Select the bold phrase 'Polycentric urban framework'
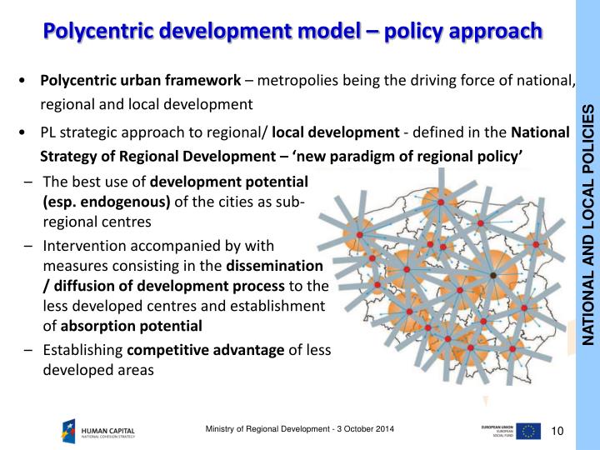[x=140, y=81]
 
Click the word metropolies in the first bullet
[x=296, y=81]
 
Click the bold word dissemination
[x=275, y=267]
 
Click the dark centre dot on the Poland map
[x=492, y=275]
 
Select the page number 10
[x=558, y=430]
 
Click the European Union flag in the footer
[x=527, y=430]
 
